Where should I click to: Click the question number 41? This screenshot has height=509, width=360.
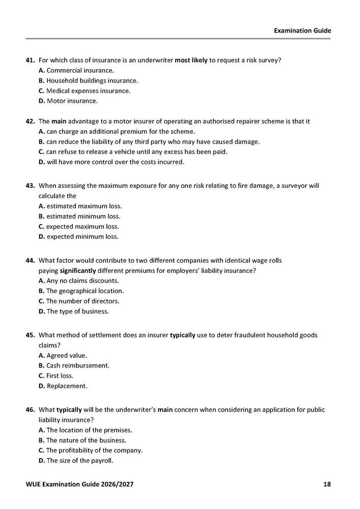pyautogui.click(x=30, y=60)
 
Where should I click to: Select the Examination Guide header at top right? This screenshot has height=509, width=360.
pyautogui.click(x=302, y=31)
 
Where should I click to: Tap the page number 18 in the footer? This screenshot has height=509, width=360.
pyautogui.click(x=327, y=484)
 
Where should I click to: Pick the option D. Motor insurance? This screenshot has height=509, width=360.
pyautogui.click(x=68, y=101)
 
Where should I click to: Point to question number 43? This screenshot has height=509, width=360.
pyautogui.click(x=30, y=186)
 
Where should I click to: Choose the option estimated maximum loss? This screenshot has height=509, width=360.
pyautogui.click(x=80, y=206)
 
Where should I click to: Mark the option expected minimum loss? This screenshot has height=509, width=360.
pyautogui.click(x=78, y=237)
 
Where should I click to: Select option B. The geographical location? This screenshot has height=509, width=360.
pyautogui.click(x=81, y=291)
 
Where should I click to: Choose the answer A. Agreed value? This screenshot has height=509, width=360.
pyautogui.click(x=63, y=355)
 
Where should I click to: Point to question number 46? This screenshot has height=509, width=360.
pyautogui.click(x=30, y=410)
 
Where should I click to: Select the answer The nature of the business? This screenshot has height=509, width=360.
pyautogui.click(x=82, y=440)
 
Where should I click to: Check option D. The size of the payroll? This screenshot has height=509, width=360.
pyautogui.click(x=76, y=461)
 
